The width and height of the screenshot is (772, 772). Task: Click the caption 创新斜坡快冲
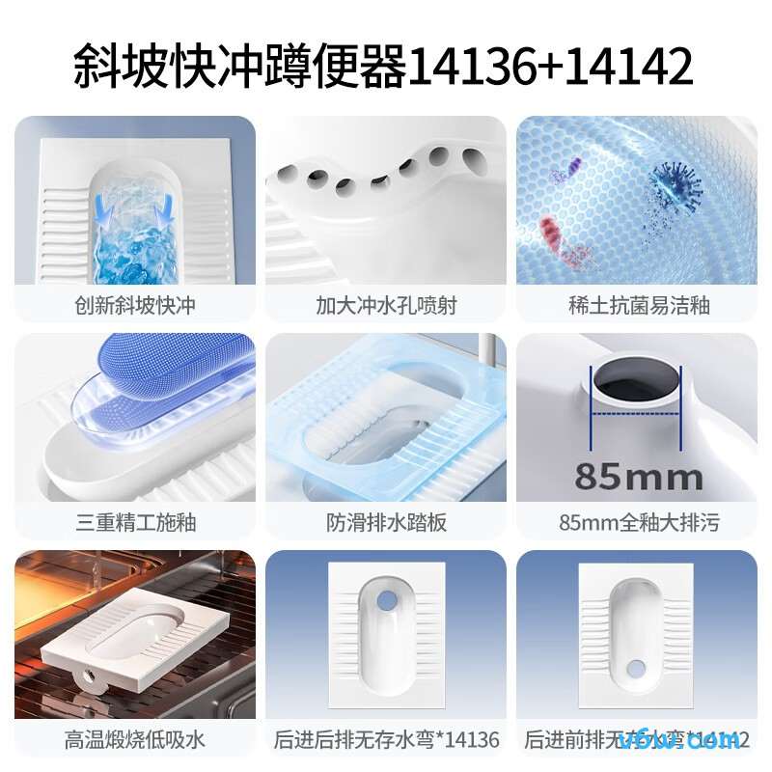[x=135, y=306]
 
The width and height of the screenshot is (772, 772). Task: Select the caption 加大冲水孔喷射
[x=386, y=306]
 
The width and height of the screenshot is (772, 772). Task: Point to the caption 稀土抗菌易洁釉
[x=638, y=306]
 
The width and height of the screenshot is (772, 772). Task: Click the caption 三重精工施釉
[x=135, y=523]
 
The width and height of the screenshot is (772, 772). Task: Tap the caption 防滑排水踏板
[x=386, y=523]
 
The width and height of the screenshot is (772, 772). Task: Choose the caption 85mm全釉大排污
[x=638, y=523]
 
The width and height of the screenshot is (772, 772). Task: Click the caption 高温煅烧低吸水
[x=135, y=740]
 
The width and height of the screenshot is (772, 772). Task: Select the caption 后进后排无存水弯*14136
[x=386, y=740]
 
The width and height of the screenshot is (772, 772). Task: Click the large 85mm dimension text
[x=638, y=476]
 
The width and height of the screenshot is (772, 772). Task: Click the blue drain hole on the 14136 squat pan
[x=386, y=599]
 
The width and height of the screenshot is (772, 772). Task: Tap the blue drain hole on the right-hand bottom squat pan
[x=636, y=667]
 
